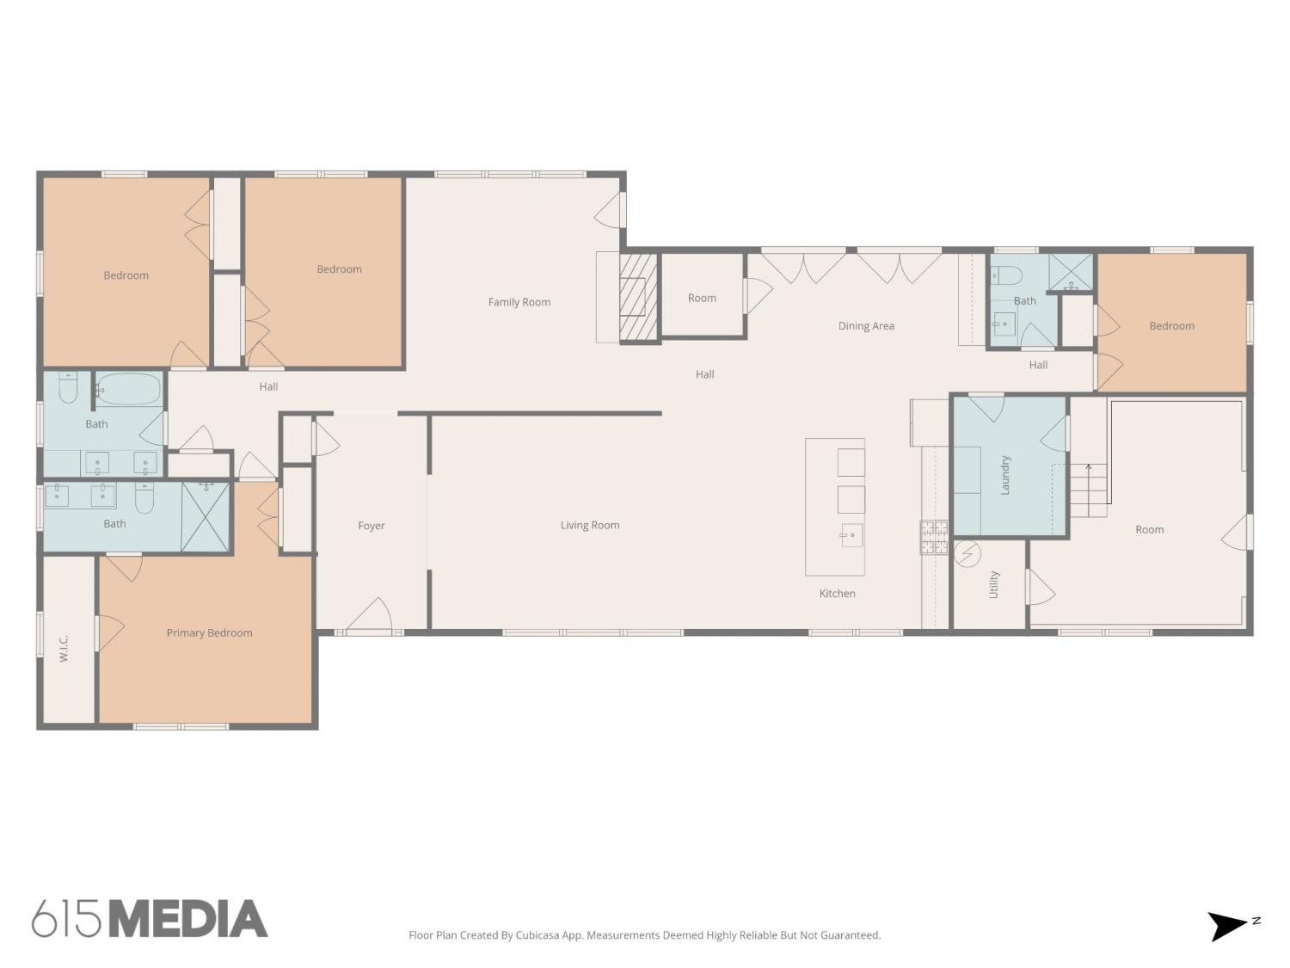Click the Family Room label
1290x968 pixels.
519,302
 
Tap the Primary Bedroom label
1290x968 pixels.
209,633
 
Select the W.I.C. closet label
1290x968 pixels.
64,648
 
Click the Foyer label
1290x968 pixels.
372,526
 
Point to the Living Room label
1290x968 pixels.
589,526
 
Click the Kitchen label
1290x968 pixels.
837,594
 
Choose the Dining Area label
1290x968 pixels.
866,326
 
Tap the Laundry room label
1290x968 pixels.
1005,475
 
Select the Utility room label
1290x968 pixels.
994,584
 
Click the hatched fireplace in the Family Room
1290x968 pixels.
638,297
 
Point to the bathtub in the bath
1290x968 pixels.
127,389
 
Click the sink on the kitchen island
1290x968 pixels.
851,535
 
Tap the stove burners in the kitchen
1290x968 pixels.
933,537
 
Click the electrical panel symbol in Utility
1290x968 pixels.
967,553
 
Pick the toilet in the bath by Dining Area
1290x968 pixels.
1006,275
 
